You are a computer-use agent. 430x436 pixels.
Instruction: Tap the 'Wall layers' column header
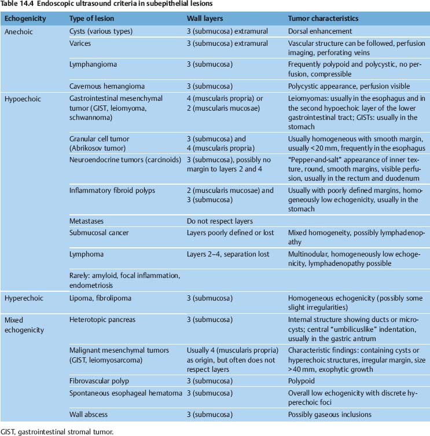click(x=205, y=19)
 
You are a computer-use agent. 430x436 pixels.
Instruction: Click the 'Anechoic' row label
click(x=19, y=31)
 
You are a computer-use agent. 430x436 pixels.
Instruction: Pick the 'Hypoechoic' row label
click(x=22, y=99)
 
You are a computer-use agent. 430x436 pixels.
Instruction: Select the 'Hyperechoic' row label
click(x=24, y=297)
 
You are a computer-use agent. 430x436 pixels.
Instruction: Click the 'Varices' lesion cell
click(x=81, y=43)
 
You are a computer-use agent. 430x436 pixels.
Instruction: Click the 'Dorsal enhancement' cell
click(x=320, y=31)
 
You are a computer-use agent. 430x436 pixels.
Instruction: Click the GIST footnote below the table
click(x=58, y=430)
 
